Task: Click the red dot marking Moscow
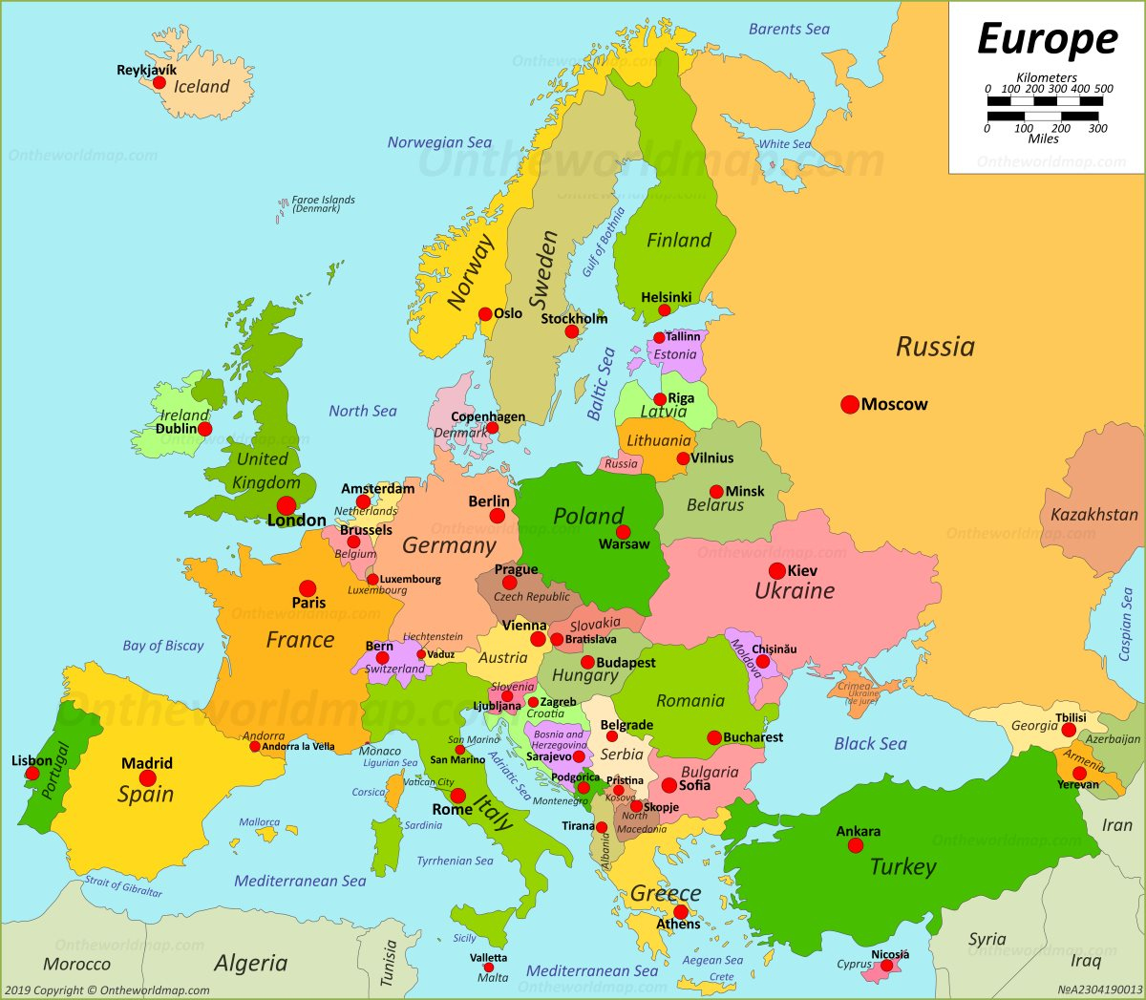(849, 405)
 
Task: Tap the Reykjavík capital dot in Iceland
(159, 83)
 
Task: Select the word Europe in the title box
(1047, 40)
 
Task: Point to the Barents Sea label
(789, 30)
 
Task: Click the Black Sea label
(870, 744)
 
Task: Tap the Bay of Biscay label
(163, 646)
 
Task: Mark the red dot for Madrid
(148, 778)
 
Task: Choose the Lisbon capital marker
(33, 774)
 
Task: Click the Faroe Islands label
(323, 203)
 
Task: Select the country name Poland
(588, 517)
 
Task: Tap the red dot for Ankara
(857, 845)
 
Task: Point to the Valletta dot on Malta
(488, 968)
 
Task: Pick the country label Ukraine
(795, 591)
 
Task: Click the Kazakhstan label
(1093, 515)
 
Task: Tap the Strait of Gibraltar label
(124, 885)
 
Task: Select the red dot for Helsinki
(665, 310)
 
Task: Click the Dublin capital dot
(204, 429)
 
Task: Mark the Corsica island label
(369, 792)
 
